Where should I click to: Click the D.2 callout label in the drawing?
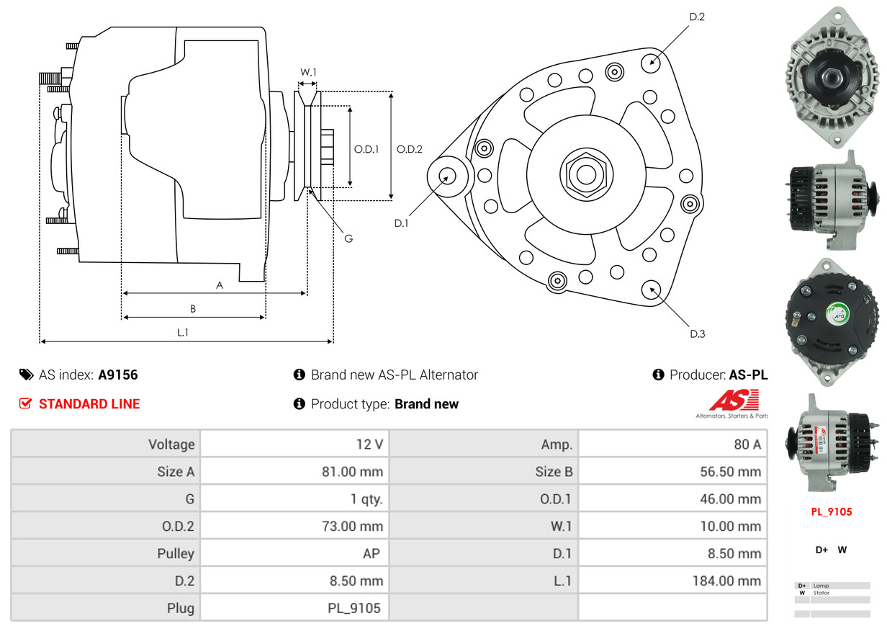click(x=696, y=17)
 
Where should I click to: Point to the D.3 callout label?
click(x=697, y=334)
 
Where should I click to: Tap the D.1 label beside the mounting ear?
click(x=401, y=223)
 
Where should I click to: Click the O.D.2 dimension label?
click(x=410, y=149)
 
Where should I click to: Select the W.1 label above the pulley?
click(x=308, y=72)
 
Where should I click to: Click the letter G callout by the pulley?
click(x=348, y=238)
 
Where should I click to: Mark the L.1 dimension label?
click(x=183, y=332)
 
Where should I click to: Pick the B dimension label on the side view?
click(x=193, y=308)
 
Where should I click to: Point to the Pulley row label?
click(x=176, y=553)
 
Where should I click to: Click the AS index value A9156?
click(x=118, y=375)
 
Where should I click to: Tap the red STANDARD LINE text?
click(x=89, y=404)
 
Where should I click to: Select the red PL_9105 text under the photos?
click(x=831, y=512)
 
